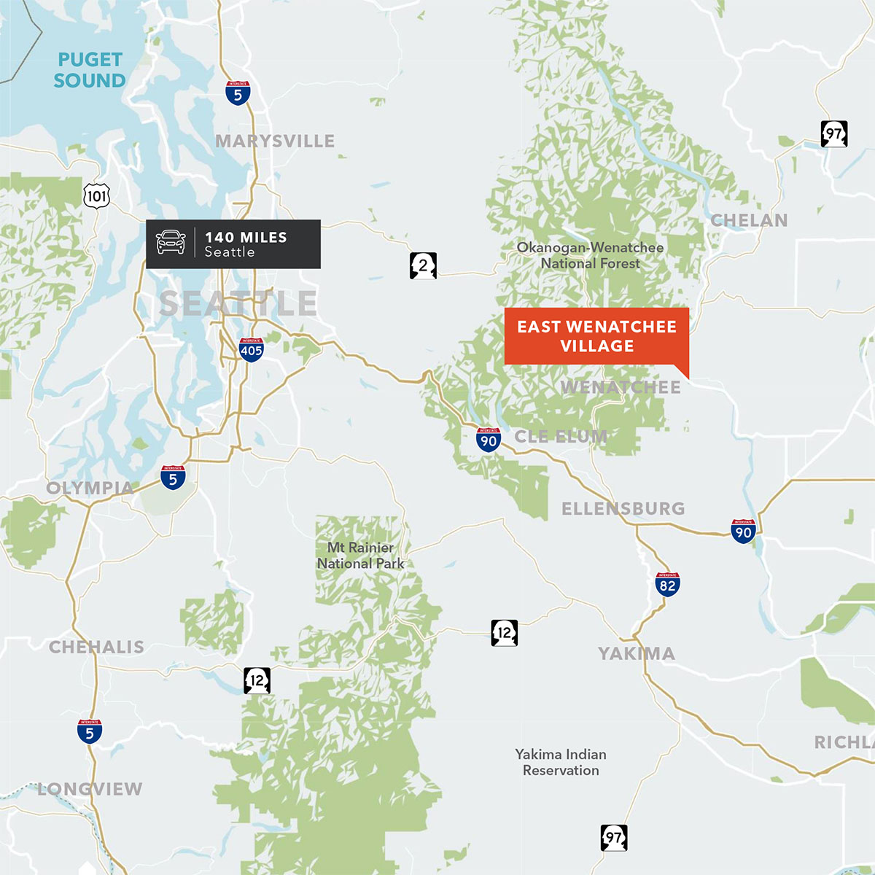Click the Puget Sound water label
(90, 70)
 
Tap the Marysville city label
(275, 141)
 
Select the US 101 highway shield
(96, 195)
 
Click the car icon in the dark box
(171, 242)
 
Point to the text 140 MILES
(246, 237)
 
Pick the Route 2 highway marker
(423, 265)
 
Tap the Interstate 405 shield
(251, 350)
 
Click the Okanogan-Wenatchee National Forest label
(590, 255)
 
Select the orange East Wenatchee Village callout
(596, 336)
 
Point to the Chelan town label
(749, 220)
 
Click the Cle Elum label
(561, 437)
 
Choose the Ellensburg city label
(623, 508)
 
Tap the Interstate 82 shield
(667, 585)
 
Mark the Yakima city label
(637, 653)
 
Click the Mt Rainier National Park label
(360, 556)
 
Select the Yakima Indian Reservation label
(561, 762)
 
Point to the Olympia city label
(90, 488)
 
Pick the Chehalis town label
(96, 647)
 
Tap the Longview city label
(90, 789)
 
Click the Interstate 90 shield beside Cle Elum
(488, 440)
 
